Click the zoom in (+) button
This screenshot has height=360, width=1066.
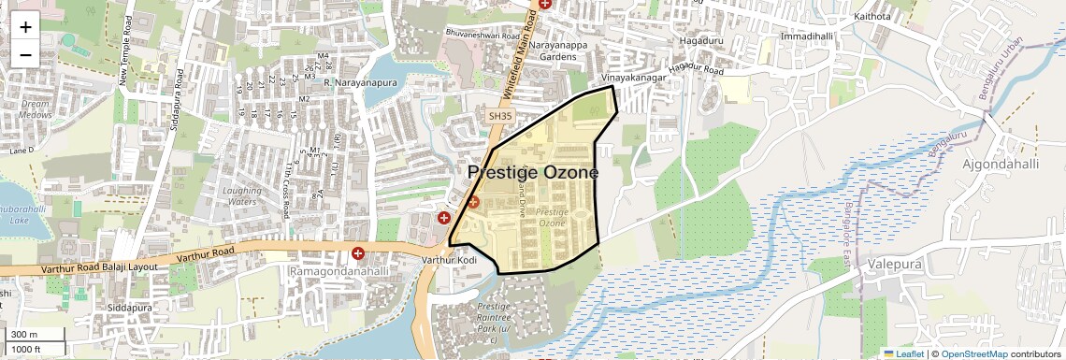25,27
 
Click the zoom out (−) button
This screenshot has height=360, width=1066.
25,54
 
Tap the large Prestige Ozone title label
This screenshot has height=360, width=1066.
532,173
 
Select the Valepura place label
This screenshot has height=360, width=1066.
896,264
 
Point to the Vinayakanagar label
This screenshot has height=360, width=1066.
636,79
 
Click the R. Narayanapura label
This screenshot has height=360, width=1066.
360,83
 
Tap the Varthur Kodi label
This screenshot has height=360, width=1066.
449,259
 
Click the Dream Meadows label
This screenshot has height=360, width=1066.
36,109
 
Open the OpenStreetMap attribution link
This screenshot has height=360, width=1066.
973,353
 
